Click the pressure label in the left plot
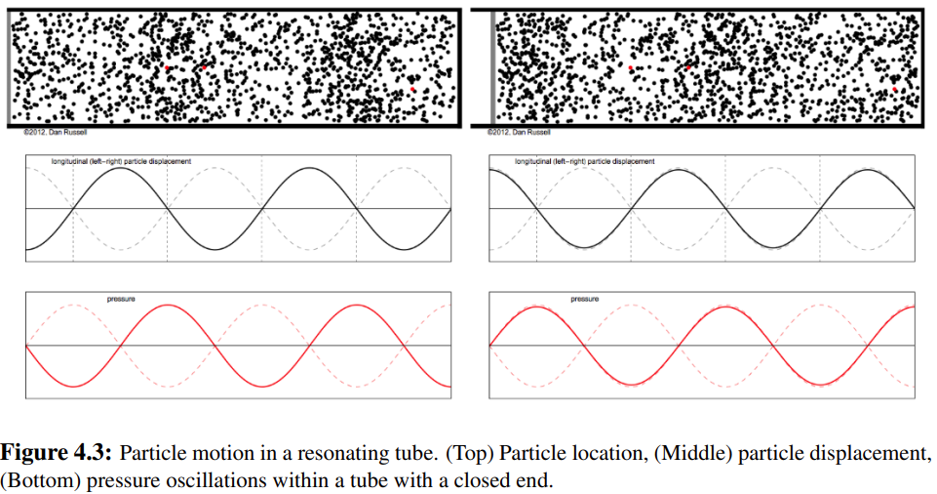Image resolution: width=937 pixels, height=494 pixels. click(x=122, y=298)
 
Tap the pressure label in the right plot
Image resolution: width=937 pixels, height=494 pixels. click(x=585, y=299)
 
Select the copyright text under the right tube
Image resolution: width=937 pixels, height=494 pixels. click(x=519, y=132)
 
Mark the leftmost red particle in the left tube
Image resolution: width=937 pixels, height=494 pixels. click(x=168, y=67)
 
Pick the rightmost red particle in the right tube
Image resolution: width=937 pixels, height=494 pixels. click(x=895, y=90)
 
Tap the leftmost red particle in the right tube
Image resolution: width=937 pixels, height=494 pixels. click(x=631, y=68)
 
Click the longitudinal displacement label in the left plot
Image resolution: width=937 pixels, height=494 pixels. click(x=122, y=160)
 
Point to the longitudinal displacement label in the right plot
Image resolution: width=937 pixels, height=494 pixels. click(x=585, y=160)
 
